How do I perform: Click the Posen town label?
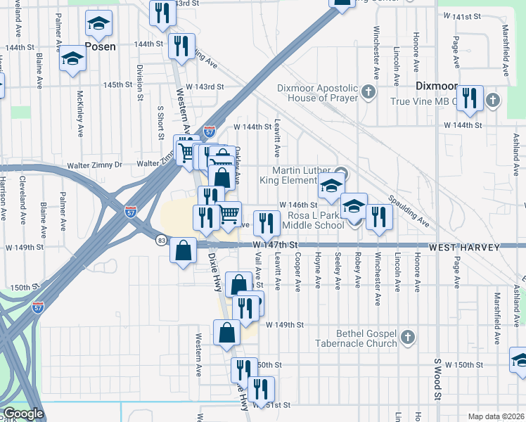click(99, 46)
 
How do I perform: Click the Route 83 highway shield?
click(162, 240)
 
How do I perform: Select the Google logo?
click(23, 414)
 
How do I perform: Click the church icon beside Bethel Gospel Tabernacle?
click(406, 338)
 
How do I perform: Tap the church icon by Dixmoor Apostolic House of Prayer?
click(368, 92)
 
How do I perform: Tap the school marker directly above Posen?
click(99, 25)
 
